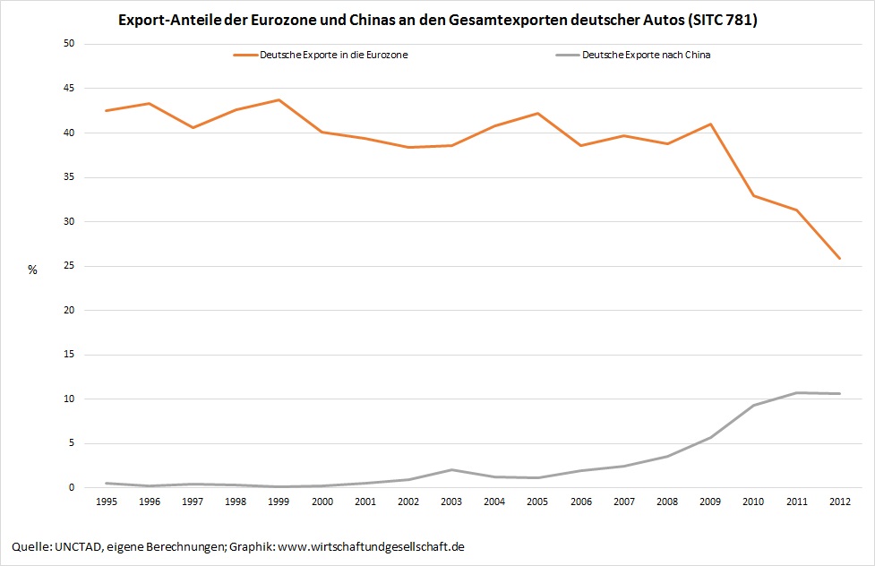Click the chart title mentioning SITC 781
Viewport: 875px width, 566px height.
pyautogui.click(x=438, y=20)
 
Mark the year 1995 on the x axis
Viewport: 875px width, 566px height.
pyautogui.click(x=107, y=502)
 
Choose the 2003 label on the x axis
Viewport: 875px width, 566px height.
pyautogui.click(x=451, y=502)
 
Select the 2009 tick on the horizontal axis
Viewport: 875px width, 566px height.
pyautogui.click(x=710, y=502)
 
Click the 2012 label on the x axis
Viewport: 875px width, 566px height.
pyautogui.click(x=839, y=502)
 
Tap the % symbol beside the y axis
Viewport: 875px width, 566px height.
pyautogui.click(x=32, y=270)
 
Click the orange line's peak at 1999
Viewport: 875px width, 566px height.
pyautogui.click(x=279, y=99)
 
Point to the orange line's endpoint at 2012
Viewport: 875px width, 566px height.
pyautogui.click(x=839, y=259)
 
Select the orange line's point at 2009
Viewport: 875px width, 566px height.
pyautogui.click(x=710, y=124)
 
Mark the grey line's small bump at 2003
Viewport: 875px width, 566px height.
pyautogui.click(x=451, y=469)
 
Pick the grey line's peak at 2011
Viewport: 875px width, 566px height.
pyautogui.click(x=796, y=392)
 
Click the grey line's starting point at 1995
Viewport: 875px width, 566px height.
pyautogui.click(x=107, y=483)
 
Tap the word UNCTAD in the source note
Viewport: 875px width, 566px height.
pyautogui.click(x=79, y=545)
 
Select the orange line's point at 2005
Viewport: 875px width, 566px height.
pyautogui.click(x=538, y=113)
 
